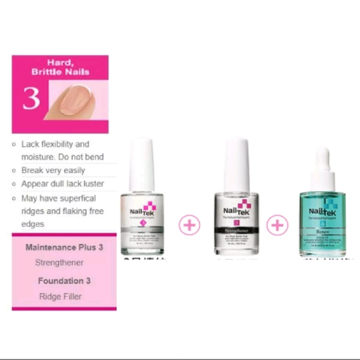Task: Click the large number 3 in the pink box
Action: click(31, 99)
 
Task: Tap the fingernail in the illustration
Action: click(75, 101)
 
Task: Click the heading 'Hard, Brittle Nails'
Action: click(60, 67)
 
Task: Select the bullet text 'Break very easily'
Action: click(53, 171)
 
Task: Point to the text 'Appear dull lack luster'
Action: click(63, 184)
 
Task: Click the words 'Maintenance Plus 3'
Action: click(64, 247)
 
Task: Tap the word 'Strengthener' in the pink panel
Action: click(59, 263)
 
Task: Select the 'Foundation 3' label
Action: click(64, 281)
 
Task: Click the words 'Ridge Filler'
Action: click(60, 296)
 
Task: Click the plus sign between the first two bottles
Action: click(189, 225)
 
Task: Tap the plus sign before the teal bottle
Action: click(277, 225)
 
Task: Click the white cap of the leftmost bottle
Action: click(142, 165)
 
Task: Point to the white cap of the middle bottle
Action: click(237, 165)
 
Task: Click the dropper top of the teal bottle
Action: click(322, 169)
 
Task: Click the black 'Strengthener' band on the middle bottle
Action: click(236, 230)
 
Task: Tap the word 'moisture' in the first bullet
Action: click(38, 157)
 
